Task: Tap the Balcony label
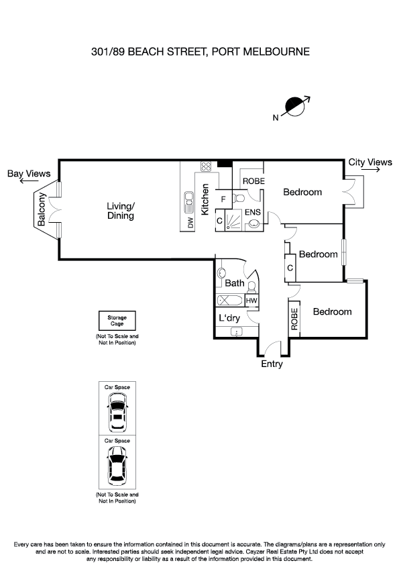coord(42,208)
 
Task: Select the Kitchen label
coord(206,199)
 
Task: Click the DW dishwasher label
coord(190,222)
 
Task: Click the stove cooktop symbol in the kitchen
coord(206,167)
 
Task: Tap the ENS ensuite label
coord(252,212)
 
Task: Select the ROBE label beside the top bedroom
coord(253,181)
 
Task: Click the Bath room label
coord(235,283)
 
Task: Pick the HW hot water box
coord(251,301)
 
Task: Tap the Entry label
coord(272,364)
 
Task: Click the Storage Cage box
coord(117,320)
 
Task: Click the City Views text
coord(370,162)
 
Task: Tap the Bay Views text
coord(29,174)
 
